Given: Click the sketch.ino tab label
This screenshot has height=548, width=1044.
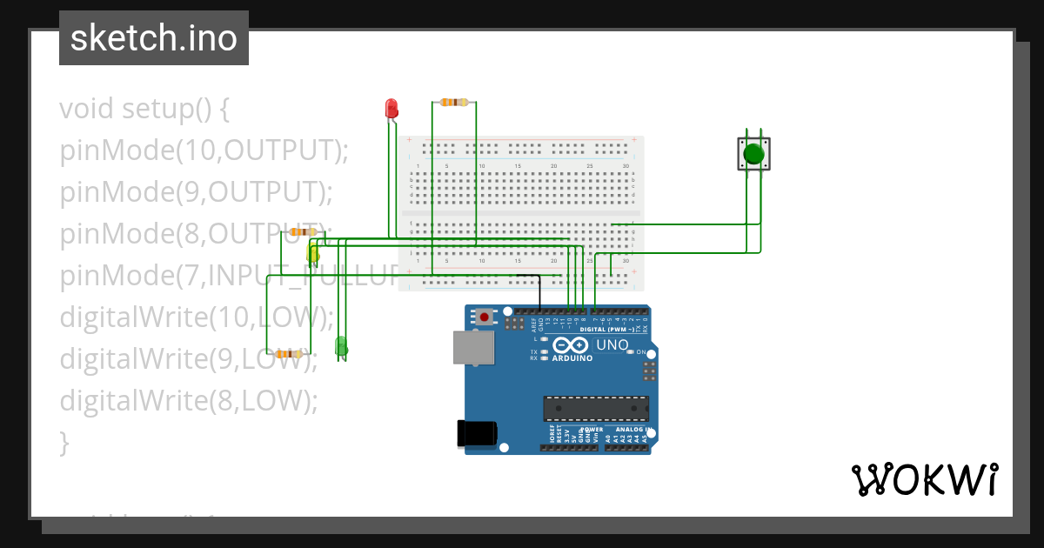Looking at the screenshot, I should tap(153, 38).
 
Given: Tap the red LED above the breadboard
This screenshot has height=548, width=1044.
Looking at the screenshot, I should tap(391, 109).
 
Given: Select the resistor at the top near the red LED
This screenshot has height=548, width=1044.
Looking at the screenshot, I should tap(453, 102).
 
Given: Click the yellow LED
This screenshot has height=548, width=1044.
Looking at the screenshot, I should tap(313, 255).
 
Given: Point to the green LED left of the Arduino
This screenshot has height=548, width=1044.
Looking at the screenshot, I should tap(341, 347).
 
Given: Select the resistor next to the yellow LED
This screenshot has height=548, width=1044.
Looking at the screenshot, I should tap(302, 232).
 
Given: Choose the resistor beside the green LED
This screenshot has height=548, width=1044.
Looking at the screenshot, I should tap(288, 354).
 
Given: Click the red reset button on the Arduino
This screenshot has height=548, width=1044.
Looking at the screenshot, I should tap(484, 317).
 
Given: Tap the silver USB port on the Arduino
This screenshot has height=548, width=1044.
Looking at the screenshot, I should tap(472, 348).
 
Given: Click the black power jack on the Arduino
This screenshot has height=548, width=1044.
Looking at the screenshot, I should tap(477, 434).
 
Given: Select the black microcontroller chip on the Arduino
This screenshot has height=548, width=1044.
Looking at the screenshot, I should tap(596, 409).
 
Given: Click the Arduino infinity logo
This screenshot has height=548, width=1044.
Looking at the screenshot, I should tap(572, 345).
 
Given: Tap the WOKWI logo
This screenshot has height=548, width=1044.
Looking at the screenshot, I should tap(924, 479).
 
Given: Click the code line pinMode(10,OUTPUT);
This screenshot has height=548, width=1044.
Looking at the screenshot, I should tap(204, 150).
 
